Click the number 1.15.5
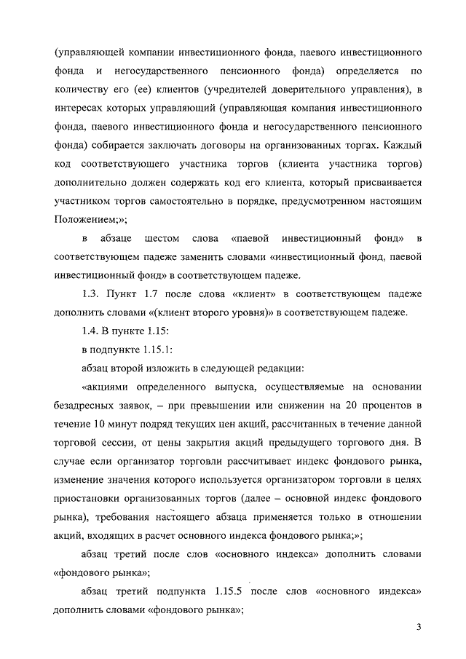(235, 590)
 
